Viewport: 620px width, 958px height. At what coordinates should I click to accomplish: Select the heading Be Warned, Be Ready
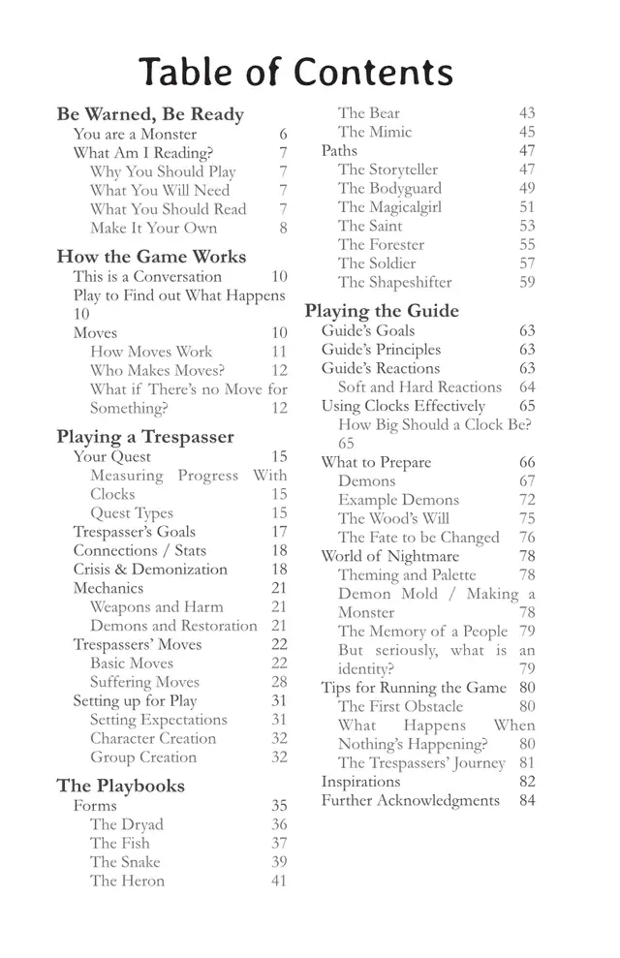(150, 114)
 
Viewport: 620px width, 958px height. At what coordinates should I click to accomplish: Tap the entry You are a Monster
(135, 135)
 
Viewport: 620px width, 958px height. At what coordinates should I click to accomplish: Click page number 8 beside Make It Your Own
(283, 229)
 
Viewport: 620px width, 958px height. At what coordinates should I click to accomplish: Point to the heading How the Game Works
(151, 257)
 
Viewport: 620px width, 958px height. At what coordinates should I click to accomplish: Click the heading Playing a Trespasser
(145, 437)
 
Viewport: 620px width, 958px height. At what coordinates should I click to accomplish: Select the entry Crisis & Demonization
(150, 570)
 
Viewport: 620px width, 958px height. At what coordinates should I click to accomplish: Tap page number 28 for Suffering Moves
(279, 682)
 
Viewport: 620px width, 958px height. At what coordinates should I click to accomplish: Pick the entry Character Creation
(152, 738)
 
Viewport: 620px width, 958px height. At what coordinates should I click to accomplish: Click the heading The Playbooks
(120, 786)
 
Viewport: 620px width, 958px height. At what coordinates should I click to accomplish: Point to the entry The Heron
(127, 881)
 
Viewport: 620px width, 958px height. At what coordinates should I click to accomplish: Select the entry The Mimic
(375, 132)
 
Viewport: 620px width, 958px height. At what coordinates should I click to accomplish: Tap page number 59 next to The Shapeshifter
(527, 283)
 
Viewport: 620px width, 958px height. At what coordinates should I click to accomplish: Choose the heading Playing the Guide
(382, 311)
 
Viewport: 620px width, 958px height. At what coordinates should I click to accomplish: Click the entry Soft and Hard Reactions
(419, 387)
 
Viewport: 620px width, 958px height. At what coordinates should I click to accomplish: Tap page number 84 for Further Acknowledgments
(527, 800)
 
